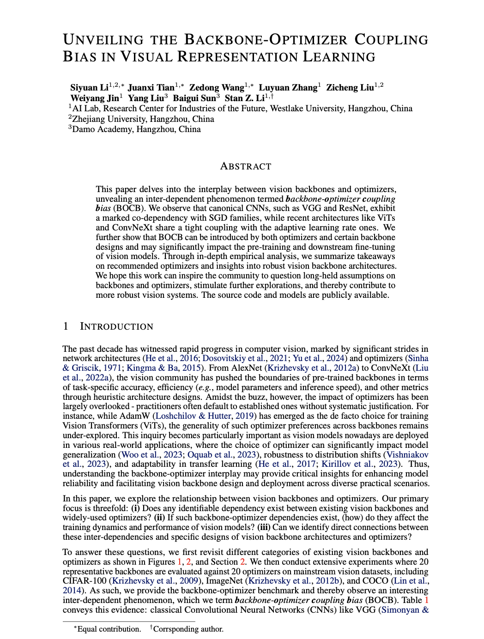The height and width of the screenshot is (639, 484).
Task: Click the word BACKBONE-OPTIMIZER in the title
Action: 266,40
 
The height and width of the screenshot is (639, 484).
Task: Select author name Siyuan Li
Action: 90,88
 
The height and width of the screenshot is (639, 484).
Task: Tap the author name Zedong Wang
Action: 217,88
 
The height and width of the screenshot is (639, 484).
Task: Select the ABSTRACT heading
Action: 246,166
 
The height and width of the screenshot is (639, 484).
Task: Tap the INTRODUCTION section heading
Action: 116,326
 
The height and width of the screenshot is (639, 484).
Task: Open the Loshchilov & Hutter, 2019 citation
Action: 201,416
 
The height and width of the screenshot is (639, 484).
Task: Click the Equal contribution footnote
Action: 109,629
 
